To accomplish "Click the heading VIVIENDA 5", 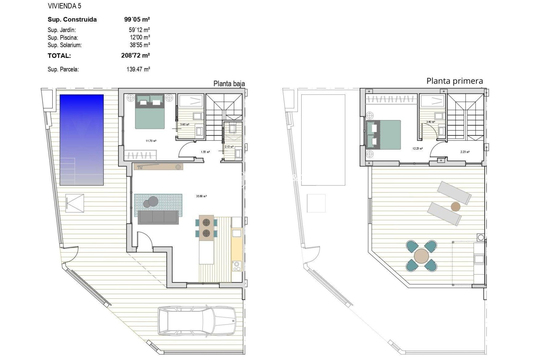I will [x=64, y=6].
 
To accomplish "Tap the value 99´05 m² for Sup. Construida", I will [x=137, y=19].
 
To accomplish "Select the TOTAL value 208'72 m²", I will [x=135, y=55].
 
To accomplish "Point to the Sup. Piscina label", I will [x=63, y=37].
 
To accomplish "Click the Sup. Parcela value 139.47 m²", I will [x=138, y=69].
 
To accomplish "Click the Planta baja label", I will [x=229, y=84].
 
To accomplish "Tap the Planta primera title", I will [x=454, y=81].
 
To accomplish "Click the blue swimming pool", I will [x=82, y=140].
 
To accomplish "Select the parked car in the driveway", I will [x=197, y=321].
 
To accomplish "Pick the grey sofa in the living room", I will [x=158, y=217].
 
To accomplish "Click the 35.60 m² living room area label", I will [x=201, y=196].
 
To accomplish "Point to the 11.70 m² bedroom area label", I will [x=151, y=141].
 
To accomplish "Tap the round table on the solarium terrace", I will [x=421, y=256].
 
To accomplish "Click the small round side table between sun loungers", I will [x=455, y=207].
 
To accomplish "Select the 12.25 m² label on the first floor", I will [x=417, y=148].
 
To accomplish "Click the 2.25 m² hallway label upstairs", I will [x=465, y=152].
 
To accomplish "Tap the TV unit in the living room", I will [x=158, y=167].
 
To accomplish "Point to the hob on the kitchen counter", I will [x=237, y=266].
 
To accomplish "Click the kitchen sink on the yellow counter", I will [x=237, y=233].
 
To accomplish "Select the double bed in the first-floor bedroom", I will [x=384, y=135].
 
